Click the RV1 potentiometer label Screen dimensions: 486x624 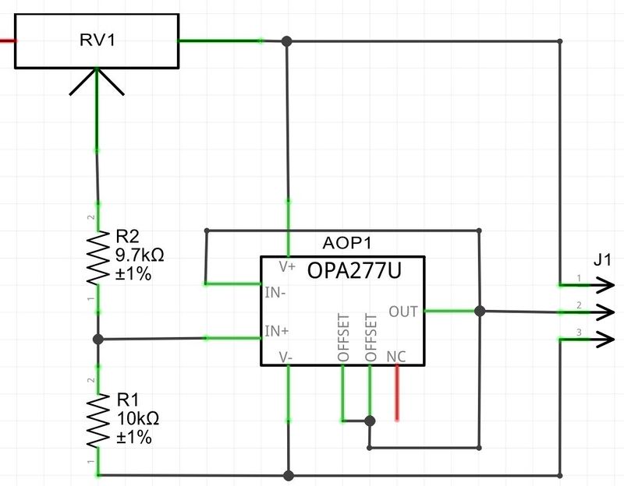coord(97,40)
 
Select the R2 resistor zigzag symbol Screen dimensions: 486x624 coord(97,257)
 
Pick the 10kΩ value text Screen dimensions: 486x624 coord(137,419)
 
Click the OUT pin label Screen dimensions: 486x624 coord(403,312)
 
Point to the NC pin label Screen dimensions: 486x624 coord(396,356)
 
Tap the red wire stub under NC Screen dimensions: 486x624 coord(397,393)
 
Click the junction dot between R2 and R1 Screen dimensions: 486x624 coord(97,339)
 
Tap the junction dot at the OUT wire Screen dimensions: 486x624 coord(480,312)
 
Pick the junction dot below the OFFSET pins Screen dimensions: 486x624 coord(370,421)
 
